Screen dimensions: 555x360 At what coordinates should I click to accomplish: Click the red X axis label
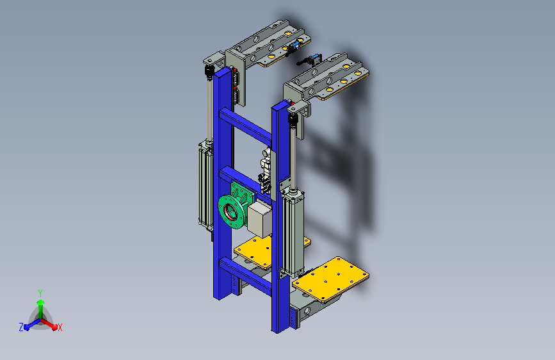[x=60, y=327]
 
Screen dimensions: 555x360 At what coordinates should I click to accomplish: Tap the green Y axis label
[x=40, y=293]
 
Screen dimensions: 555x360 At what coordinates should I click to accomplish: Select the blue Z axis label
[x=21, y=327]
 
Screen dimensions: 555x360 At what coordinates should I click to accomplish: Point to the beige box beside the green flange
[x=260, y=218]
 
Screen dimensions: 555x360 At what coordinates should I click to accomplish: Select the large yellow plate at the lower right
[x=330, y=279]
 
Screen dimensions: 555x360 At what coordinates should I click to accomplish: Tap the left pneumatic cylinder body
[x=205, y=186]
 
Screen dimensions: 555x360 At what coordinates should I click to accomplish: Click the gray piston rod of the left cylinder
[x=209, y=109]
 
